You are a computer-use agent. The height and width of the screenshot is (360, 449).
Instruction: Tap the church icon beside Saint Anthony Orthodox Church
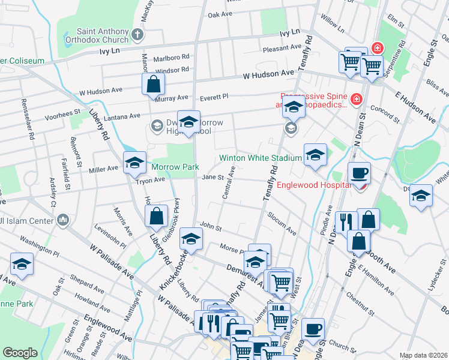(x=137, y=34)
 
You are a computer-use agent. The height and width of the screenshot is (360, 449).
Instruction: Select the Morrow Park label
(x=166, y=166)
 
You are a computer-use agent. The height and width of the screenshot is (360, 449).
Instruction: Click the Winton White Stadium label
(x=259, y=158)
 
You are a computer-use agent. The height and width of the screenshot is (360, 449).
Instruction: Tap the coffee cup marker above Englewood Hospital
(x=359, y=173)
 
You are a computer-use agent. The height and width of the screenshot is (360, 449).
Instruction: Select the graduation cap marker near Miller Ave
(x=135, y=163)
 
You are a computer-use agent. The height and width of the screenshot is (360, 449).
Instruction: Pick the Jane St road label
(x=212, y=177)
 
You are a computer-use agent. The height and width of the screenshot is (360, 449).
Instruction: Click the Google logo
(x=20, y=353)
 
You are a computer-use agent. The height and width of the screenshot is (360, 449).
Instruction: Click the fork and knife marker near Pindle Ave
(x=346, y=223)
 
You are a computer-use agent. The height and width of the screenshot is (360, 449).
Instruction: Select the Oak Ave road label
(x=220, y=14)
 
